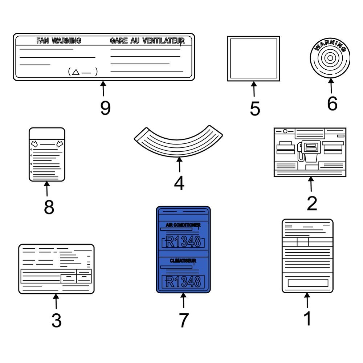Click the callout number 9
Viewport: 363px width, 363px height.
pos(105,108)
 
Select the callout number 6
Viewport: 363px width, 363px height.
pos(332,104)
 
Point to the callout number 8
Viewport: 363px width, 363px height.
pos(49,207)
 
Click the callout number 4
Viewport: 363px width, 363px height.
pos(179,183)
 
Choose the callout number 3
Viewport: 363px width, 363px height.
pos(57,320)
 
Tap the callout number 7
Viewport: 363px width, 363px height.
pos(184,320)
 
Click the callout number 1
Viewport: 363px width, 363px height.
pos(307,319)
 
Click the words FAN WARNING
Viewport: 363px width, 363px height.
pos(59,41)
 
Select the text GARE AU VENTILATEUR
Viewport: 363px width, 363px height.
pos(147,41)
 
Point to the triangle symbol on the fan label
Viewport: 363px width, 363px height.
pos(76,72)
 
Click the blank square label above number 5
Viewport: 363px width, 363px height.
pos(253,58)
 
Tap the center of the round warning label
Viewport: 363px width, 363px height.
pos(330,58)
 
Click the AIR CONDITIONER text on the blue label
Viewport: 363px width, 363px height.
pos(183,225)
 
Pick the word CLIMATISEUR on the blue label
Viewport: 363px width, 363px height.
pos(183,261)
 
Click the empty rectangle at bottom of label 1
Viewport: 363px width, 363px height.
pos(308,283)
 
